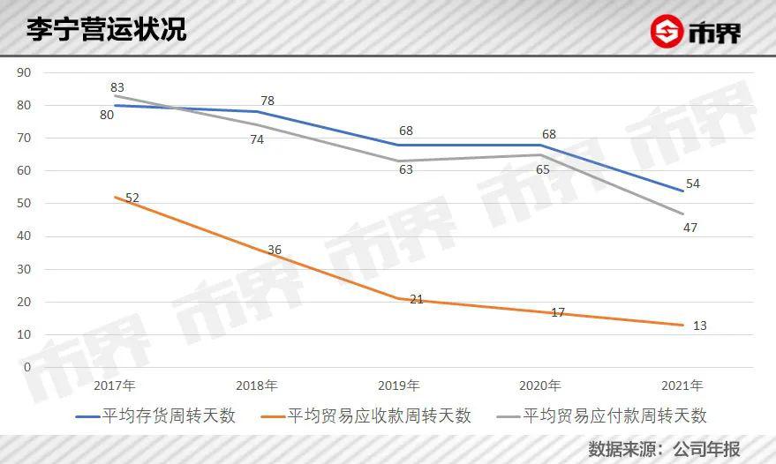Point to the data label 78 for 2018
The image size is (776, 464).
click(x=267, y=101)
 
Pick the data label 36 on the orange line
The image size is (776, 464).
click(x=275, y=250)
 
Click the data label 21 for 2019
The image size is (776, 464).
click(x=416, y=299)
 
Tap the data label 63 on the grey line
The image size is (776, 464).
click(x=406, y=169)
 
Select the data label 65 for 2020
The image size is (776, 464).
click(x=544, y=169)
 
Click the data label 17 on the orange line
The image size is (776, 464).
click(x=557, y=312)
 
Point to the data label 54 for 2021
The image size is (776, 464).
click(x=693, y=183)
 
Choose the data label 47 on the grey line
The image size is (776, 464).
click(x=690, y=228)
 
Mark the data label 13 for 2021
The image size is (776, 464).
click(x=700, y=326)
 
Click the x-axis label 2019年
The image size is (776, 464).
click(x=398, y=385)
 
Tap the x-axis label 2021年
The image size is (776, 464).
click(x=682, y=385)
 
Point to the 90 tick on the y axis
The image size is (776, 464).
click(x=24, y=72)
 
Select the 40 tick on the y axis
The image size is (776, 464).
click(x=24, y=236)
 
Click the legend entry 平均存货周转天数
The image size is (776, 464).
click(x=156, y=415)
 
